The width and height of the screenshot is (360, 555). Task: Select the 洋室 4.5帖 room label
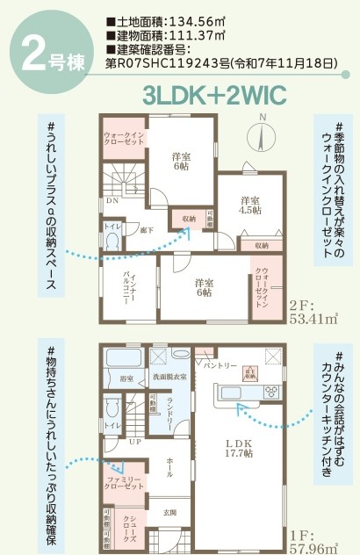251,205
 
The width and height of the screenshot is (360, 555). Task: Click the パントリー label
220,365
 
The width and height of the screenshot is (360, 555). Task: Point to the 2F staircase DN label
113,200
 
